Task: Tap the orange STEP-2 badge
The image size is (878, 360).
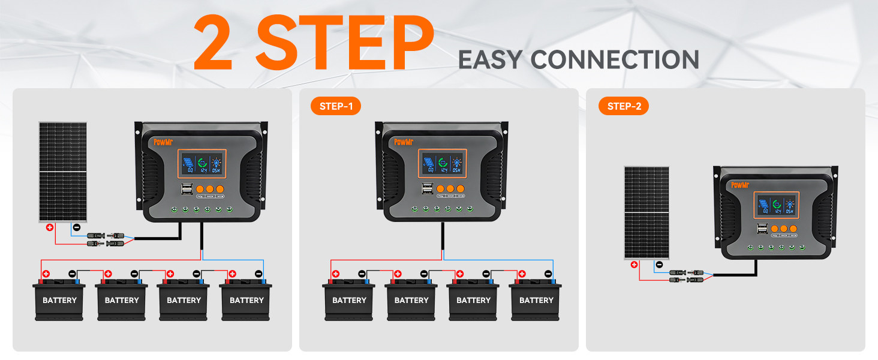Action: pos(624,106)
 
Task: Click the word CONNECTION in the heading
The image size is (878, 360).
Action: pos(615,60)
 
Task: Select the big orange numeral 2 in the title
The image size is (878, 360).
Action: pos(217,43)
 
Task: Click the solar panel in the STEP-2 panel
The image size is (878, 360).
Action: pos(647,212)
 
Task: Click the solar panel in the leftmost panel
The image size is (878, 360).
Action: pos(63,172)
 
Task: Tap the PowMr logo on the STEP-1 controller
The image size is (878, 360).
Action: pos(405,142)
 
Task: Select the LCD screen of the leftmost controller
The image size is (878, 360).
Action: pos(202,163)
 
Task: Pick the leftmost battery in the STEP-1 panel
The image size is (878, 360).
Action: pos(349,298)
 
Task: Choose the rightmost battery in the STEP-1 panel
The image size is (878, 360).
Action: pos(536,298)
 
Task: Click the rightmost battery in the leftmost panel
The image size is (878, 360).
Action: pos(246,298)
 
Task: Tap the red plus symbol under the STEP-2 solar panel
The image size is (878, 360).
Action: pos(633,263)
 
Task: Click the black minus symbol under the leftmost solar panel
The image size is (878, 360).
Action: pos(76,227)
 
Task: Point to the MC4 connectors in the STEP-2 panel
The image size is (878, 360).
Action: pos(687,276)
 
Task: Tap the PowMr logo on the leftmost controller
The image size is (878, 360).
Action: pos(163,142)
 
